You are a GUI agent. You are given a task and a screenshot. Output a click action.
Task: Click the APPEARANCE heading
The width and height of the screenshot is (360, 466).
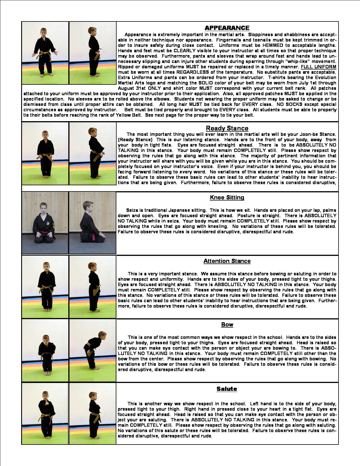[227, 28]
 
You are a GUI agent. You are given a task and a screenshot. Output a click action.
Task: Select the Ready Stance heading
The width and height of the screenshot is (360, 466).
[227, 128]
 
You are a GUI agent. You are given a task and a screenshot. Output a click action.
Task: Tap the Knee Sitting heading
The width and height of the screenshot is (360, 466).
[227, 197]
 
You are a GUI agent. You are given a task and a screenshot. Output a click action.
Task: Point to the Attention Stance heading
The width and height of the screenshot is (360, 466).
[227, 261]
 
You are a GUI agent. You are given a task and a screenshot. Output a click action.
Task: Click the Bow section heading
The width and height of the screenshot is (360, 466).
[227, 325]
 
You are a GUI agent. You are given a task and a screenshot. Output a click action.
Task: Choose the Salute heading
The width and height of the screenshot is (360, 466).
[227, 389]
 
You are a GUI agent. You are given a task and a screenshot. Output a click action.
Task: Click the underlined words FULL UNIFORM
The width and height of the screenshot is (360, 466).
[318, 67]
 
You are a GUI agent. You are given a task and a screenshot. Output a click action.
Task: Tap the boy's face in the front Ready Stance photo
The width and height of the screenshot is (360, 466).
[45, 135]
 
